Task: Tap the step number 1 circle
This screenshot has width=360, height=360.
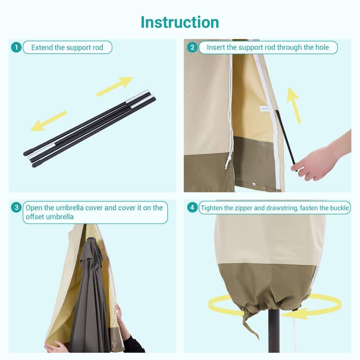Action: [x=16, y=47]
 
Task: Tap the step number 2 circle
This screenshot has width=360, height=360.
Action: [x=192, y=47]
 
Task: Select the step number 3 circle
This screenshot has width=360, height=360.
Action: [x=16, y=207]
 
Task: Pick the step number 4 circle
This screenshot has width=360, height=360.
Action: [x=193, y=207]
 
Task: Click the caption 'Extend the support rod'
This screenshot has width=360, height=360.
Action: [x=67, y=47]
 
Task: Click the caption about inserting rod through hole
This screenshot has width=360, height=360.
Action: [x=268, y=47]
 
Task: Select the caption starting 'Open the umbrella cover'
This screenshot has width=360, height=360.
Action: [x=94, y=212]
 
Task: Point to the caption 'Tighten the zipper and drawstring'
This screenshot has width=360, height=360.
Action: [x=274, y=207]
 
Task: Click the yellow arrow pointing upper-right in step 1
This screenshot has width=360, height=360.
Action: [x=114, y=85]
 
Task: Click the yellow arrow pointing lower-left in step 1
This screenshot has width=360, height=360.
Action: [x=48, y=121]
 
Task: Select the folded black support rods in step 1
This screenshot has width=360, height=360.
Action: [x=90, y=128]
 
